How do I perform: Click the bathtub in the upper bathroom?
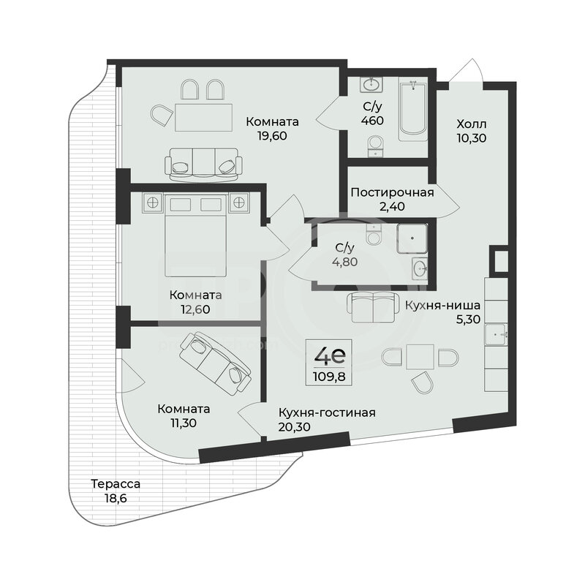pyautogui.click(x=412, y=110)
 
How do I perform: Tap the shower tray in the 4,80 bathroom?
pyautogui.click(x=412, y=238)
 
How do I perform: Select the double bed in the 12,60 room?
pyautogui.click(x=195, y=235)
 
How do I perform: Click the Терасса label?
pyautogui.click(x=116, y=484)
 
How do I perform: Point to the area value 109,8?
pyautogui.click(x=329, y=377)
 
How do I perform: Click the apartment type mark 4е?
pyautogui.click(x=330, y=355)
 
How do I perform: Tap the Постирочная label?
pyautogui.click(x=392, y=193)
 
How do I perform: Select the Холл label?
pyautogui.click(x=472, y=124)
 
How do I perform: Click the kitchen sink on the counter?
pyautogui.click(x=496, y=334)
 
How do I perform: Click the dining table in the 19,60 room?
pyautogui.click(x=204, y=117)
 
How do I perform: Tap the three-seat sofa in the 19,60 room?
pyautogui.click(x=203, y=165)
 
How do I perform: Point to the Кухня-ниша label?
pyautogui.click(x=442, y=306)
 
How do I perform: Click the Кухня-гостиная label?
pyautogui.click(x=327, y=412)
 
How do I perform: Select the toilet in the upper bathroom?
pyautogui.click(x=375, y=146)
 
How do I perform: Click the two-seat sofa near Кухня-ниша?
pyautogui.click(x=373, y=307)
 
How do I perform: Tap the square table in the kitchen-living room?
pyautogui.click(x=420, y=357)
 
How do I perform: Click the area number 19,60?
pyautogui.click(x=272, y=136)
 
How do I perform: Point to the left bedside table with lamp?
pyautogui.click(x=152, y=203)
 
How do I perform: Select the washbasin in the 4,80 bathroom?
pyautogui.click(x=420, y=268)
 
